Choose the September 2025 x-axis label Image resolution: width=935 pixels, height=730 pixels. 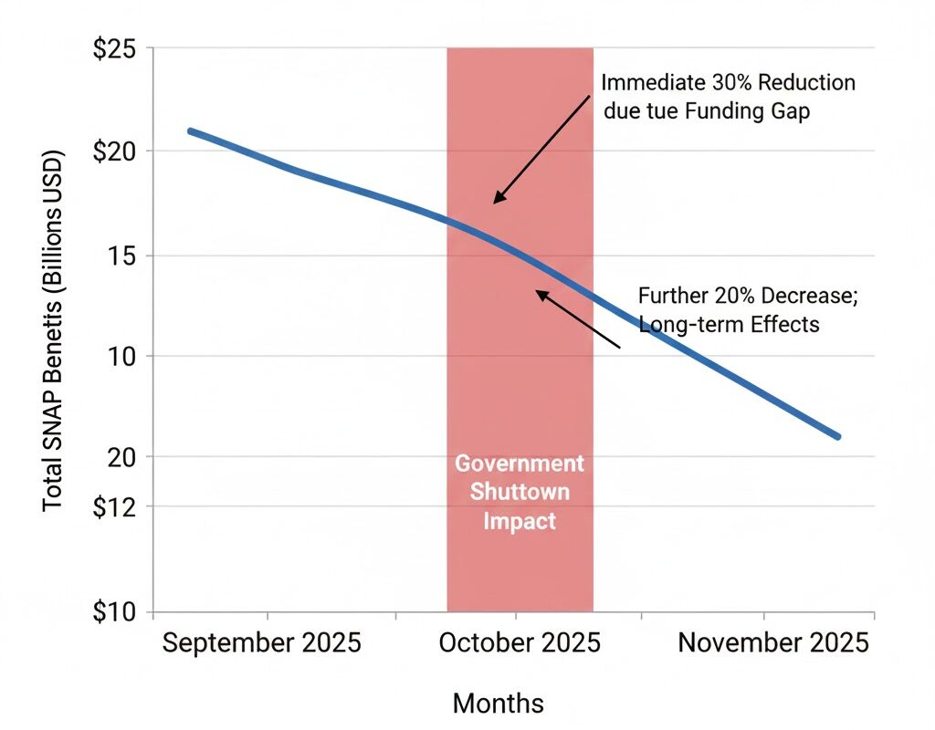click(261, 642)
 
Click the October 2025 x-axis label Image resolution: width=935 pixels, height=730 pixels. click(520, 642)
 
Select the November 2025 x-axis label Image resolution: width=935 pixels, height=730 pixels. click(773, 642)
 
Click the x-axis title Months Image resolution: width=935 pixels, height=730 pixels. click(498, 703)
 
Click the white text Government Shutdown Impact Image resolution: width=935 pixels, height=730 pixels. click(520, 492)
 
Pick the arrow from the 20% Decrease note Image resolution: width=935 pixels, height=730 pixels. click(577, 318)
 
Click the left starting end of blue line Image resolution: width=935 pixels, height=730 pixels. click(191, 131)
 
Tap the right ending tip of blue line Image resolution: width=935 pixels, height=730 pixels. click(836, 436)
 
